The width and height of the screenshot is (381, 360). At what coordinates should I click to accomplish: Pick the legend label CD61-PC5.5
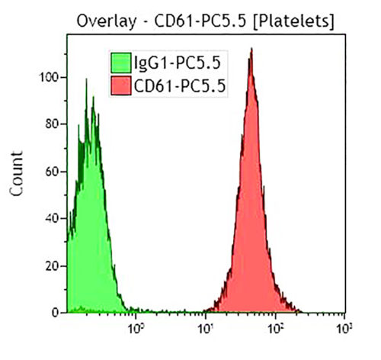[x=179, y=86]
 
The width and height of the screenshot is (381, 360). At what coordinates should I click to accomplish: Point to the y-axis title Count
[x=17, y=174]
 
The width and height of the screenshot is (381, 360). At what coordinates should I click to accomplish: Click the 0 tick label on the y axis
[x=56, y=313]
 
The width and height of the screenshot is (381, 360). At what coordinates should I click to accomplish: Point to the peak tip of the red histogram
[x=251, y=50]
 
